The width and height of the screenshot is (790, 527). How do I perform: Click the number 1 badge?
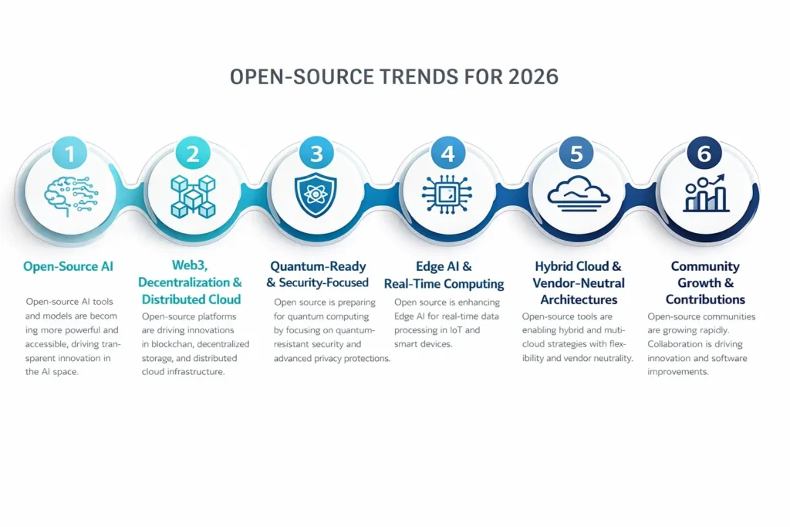click(70, 154)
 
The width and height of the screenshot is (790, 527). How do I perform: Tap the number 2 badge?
click(192, 154)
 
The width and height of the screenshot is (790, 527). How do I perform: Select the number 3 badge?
click(316, 154)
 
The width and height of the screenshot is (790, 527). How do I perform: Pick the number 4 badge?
click(447, 154)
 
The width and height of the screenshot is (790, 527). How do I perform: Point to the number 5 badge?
click(576, 154)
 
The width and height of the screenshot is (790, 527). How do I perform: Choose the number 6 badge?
click(704, 154)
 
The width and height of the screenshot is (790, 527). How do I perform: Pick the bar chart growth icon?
click(704, 194)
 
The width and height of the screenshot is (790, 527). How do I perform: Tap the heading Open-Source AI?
click(70, 266)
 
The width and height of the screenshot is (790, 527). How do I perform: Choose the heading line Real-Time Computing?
click(444, 284)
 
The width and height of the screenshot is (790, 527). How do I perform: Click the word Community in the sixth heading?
click(704, 266)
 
